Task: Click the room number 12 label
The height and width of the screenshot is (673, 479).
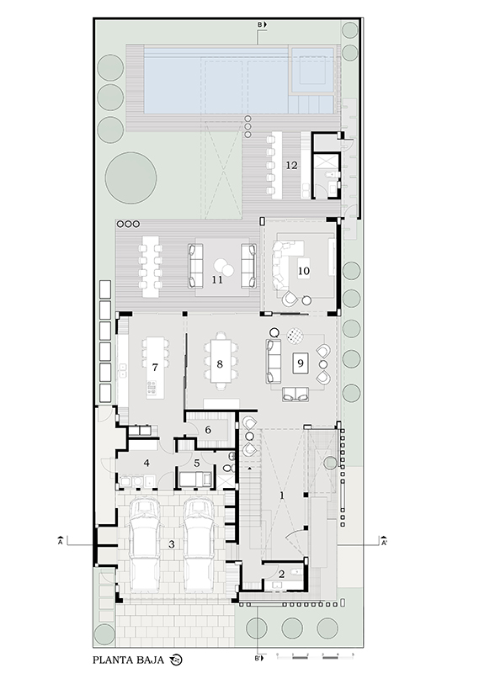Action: [291, 165]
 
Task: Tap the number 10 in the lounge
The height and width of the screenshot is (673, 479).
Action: [303, 271]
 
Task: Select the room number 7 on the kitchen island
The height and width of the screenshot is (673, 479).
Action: [155, 368]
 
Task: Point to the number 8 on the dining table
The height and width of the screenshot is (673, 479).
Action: [220, 364]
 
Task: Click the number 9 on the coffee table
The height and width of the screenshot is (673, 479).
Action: [301, 363]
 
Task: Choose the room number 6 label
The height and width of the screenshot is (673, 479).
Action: [208, 430]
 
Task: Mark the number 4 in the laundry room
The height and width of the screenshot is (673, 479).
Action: [146, 464]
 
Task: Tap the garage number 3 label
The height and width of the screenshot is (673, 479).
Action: [172, 544]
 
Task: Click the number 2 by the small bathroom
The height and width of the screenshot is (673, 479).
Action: [282, 575]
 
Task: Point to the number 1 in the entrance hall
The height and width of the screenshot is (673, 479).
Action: [282, 495]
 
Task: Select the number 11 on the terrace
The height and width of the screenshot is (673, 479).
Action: [217, 279]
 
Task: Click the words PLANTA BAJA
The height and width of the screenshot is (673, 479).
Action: [129, 660]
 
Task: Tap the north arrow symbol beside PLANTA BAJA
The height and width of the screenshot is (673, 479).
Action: [176, 660]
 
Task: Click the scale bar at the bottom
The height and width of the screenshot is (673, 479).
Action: [315, 657]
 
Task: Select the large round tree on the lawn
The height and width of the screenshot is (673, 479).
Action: [131, 178]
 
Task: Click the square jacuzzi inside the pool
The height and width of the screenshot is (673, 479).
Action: [312, 70]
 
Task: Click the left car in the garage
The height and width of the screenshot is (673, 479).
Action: [144, 544]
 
